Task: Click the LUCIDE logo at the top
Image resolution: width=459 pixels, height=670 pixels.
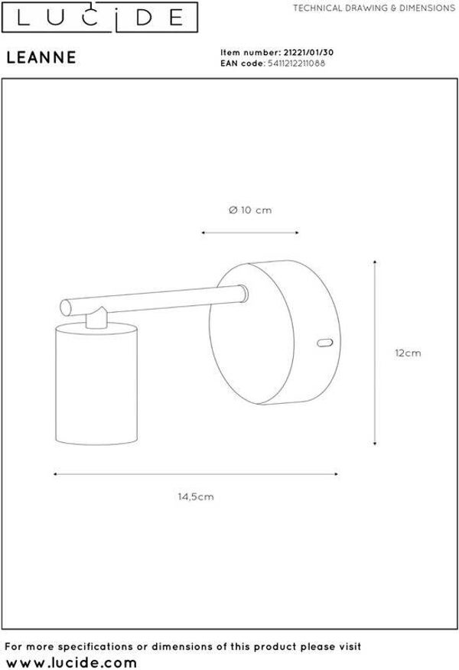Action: pyautogui.click(x=99, y=17)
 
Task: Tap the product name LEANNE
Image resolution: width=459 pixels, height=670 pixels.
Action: pyautogui.click(x=41, y=57)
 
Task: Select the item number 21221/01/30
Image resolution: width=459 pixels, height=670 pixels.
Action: pyautogui.click(x=308, y=53)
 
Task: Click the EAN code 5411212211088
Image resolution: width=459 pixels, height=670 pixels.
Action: pyautogui.click(x=296, y=63)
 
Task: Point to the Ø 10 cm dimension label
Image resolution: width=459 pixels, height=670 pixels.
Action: pyautogui.click(x=250, y=210)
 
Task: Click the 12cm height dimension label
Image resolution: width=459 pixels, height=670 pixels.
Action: pyautogui.click(x=408, y=353)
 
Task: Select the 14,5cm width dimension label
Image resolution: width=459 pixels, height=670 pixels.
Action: pyautogui.click(x=196, y=496)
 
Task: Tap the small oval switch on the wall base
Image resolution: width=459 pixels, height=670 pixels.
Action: pyautogui.click(x=325, y=342)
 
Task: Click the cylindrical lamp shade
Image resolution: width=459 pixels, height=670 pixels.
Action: pyautogui.click(x=96, y=384)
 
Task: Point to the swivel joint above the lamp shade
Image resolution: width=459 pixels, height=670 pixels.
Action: pyautogui.click(x=97, y=318)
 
